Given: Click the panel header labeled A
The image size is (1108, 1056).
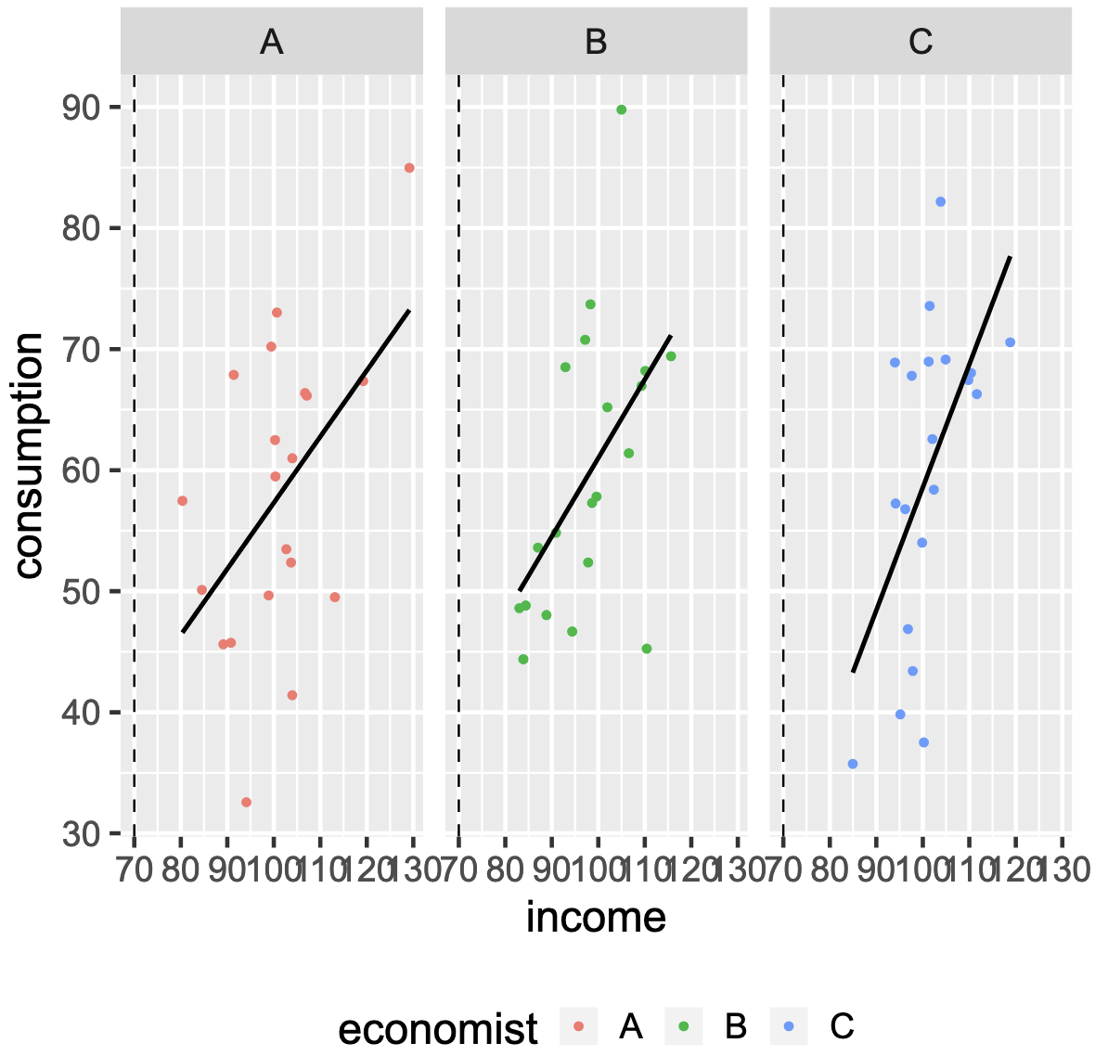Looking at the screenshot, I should point(271,42).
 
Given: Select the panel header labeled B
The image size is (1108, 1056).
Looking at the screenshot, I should point(596,42).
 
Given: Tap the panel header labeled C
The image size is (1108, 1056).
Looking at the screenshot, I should point(921,42).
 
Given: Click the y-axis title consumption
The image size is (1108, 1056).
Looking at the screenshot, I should point(30,455).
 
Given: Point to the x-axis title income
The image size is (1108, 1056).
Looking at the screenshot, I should point(596,917).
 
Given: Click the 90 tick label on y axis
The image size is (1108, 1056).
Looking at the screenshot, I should point(82,108).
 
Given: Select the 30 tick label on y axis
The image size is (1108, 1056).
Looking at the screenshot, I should point(82,834).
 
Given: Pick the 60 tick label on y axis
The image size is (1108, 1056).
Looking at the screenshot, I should point(82,470).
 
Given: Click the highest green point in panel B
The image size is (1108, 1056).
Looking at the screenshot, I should point(622,109).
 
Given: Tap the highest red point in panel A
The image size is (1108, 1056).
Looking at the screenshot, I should point(409,168).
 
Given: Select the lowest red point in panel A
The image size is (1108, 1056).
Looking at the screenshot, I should point(246,802).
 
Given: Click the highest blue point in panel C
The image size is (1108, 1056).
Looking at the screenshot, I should point(940,201).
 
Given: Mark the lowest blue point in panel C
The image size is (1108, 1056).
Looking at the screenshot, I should point(853,764).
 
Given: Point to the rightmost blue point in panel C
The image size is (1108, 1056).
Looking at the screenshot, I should point(1010,342).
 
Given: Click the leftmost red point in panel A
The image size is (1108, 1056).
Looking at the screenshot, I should point(182,501).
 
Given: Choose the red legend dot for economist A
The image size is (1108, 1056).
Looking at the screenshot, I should point(579,1026).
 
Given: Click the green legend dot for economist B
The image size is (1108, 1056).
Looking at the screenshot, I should point(684,1026).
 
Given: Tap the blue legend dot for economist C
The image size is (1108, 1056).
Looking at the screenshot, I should point(789,1026).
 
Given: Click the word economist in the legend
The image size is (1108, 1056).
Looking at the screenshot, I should point(438,1028).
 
